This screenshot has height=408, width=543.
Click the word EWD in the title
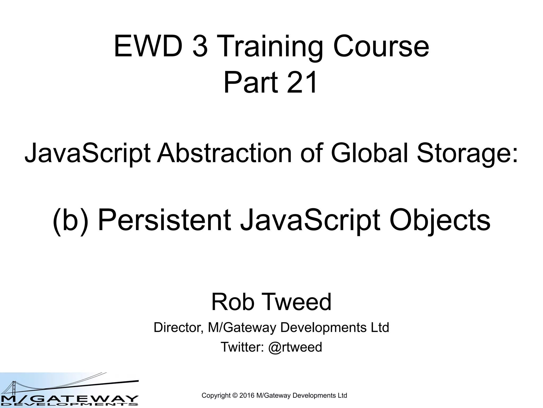[148, 47]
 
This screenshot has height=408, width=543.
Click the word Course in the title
[381, 47]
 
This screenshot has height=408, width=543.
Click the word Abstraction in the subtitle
[224, 153]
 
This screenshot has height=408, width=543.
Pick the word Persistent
[165, 220]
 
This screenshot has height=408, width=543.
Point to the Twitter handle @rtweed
[295, 347]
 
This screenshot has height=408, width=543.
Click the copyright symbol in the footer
[235, 396]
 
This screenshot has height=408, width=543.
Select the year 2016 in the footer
[247, 396]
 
